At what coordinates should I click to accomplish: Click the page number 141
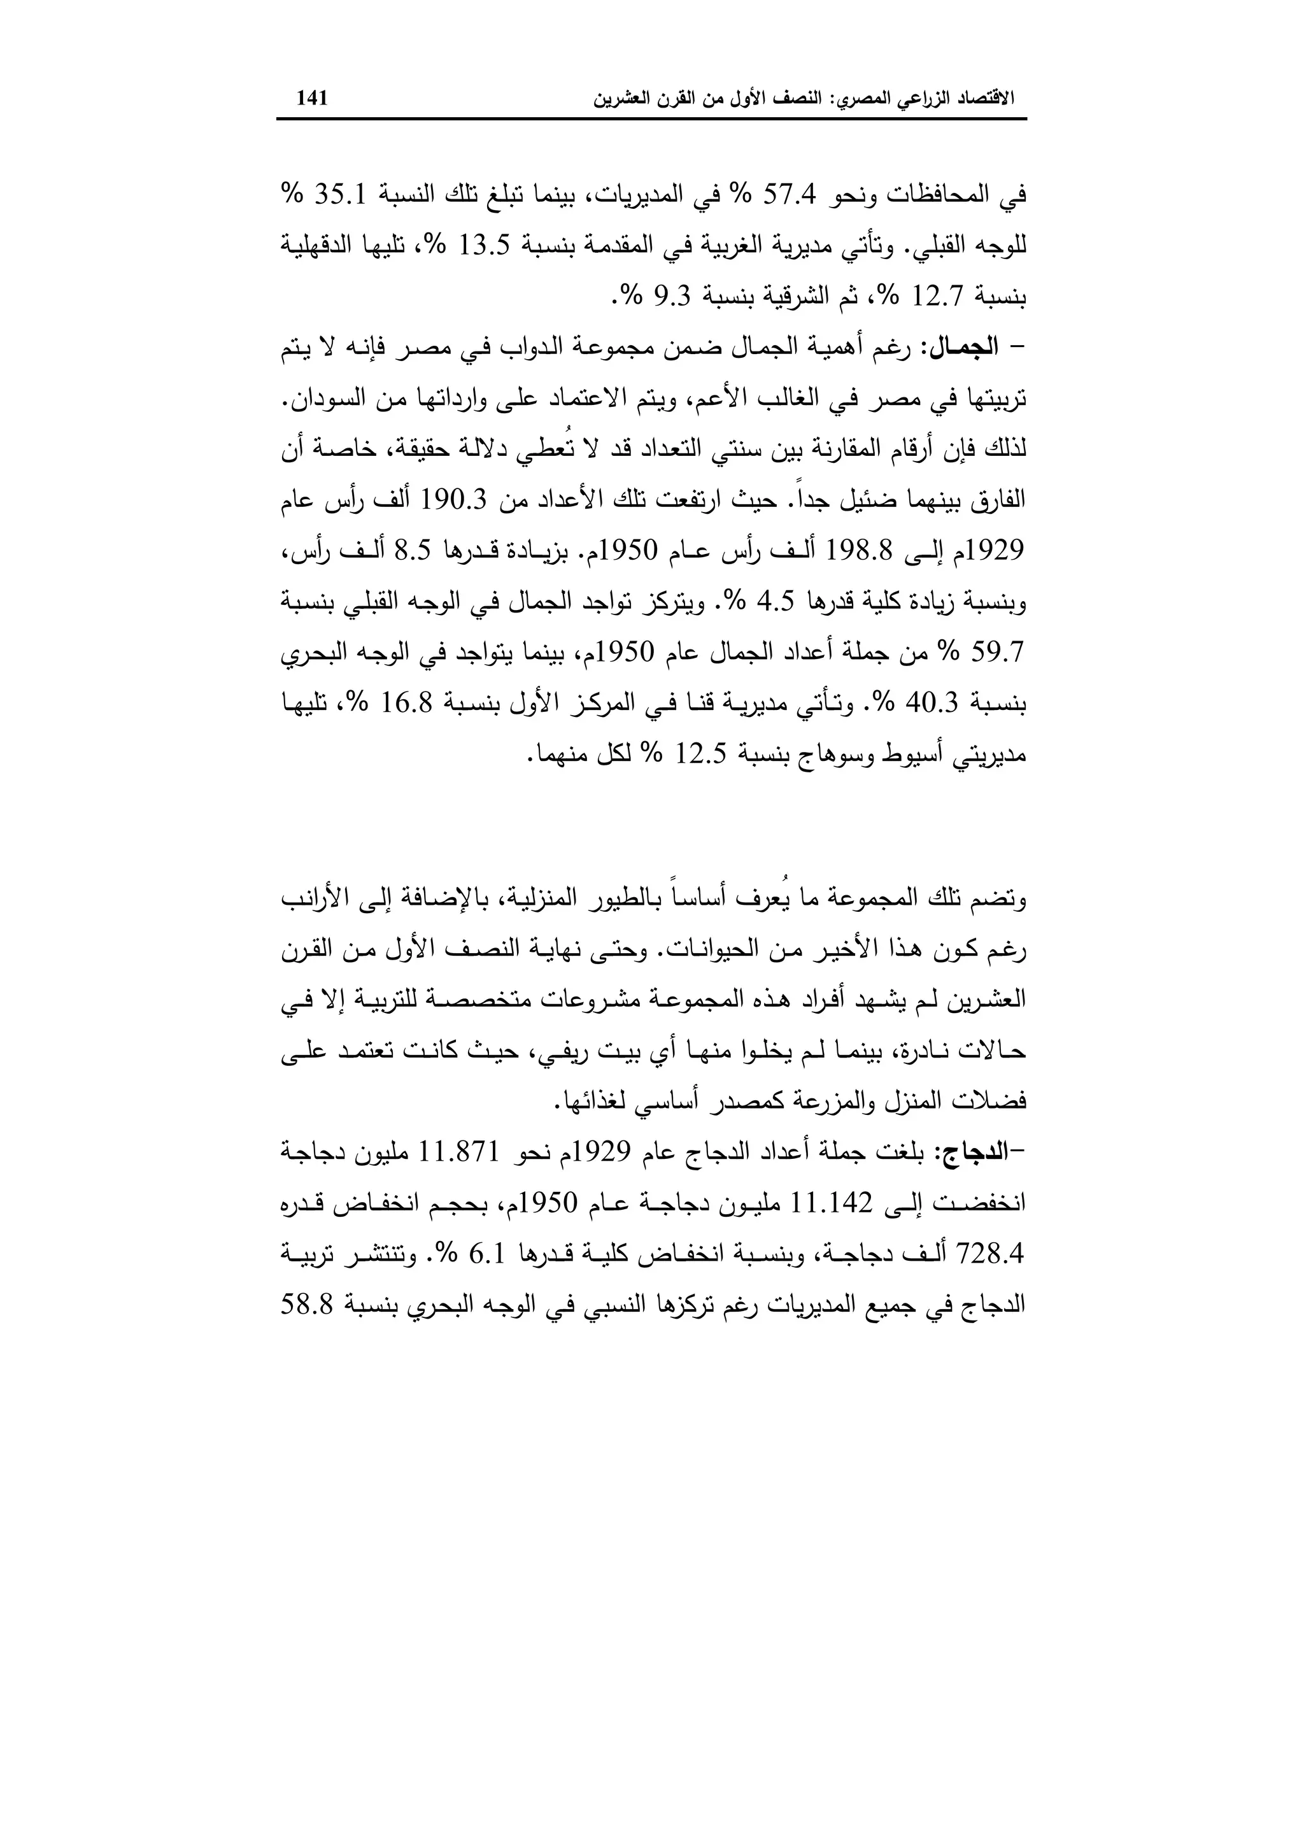pyautogui.click(x=313, y=99)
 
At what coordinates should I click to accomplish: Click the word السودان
pyautogui.click(x=318, y=399)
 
